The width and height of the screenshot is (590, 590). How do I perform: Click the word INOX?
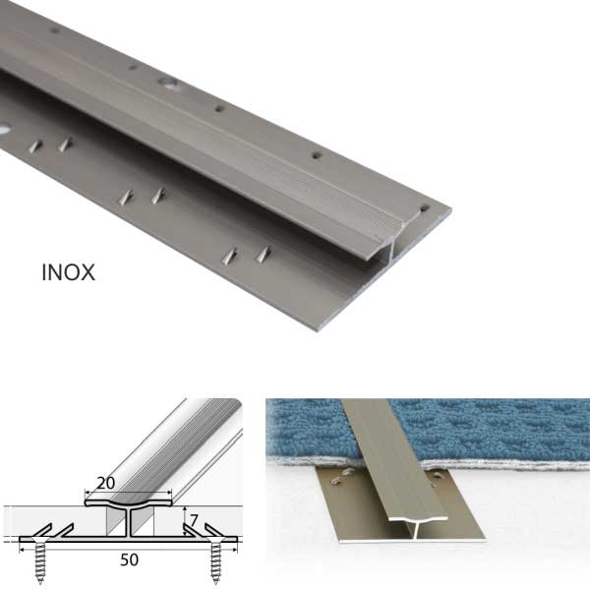(x=68, y=272)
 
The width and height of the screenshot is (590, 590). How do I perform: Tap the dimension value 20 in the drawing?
(x=106, y=483)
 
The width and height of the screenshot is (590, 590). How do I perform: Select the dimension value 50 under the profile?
(x=129, y=560)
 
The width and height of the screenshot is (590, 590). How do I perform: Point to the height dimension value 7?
(x=194, y=521)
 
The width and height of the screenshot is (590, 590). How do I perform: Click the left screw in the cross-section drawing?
(x=39, y=560)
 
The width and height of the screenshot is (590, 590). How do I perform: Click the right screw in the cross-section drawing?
(x=216, y=560)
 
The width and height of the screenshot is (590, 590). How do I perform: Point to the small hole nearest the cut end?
(x=424, y=207)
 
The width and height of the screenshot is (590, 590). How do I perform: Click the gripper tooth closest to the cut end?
(x=264, y=255)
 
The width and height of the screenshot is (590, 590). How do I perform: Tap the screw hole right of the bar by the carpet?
(x=438, y=476)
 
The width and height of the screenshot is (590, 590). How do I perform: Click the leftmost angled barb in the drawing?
(x=43, y=531)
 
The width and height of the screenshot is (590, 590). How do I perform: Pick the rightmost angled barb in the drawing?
(x=213, y=531)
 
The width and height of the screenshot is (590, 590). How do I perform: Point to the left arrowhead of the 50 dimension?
(x=22, y=550)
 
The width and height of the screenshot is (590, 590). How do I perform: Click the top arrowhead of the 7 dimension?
(x=185, y=508)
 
